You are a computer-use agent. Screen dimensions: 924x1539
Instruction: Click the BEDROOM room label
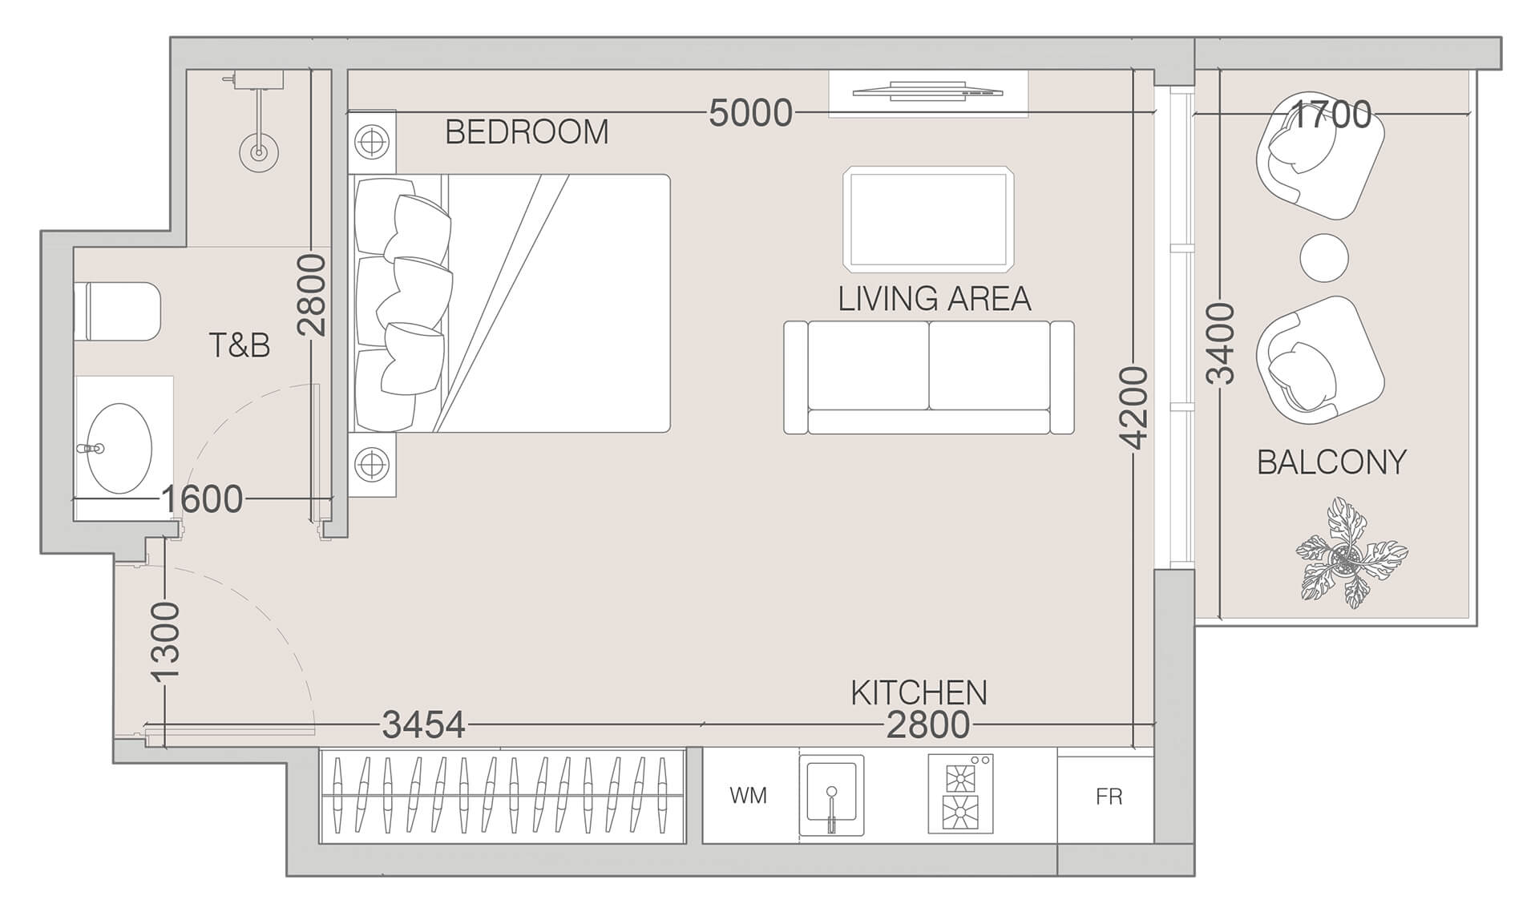(x=527, y=132)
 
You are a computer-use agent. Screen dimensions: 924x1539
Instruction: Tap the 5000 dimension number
(x=750, y=114)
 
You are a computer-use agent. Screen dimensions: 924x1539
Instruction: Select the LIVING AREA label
(x=934, y=299)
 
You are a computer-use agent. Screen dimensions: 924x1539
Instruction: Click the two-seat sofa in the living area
(x=928, y=377)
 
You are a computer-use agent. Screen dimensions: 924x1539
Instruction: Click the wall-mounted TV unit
(x=928, y=94)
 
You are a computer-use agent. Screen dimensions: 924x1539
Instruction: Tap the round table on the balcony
(x=1323, y=258)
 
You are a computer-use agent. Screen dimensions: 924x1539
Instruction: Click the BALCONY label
(x=1331, y=462)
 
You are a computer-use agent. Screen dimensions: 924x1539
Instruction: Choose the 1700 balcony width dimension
(x=1332, y=115)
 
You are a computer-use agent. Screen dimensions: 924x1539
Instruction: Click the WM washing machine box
(x=749, y=796)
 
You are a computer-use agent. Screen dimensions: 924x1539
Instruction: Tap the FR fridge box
(x=1109, y=797)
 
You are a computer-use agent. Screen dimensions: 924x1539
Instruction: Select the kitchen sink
(x=831, y=795)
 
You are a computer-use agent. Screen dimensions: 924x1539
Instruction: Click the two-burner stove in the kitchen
(x=960, y=794)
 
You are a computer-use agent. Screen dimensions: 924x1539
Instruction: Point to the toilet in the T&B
(x=118, y=311)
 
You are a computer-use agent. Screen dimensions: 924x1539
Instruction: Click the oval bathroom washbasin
(x=119, y=448)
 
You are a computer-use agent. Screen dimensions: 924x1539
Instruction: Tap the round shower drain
(x=258, y=152)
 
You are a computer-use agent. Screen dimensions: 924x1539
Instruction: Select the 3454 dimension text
(x=423, y=725)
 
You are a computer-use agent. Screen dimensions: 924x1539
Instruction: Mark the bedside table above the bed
(x=371, y=142)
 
